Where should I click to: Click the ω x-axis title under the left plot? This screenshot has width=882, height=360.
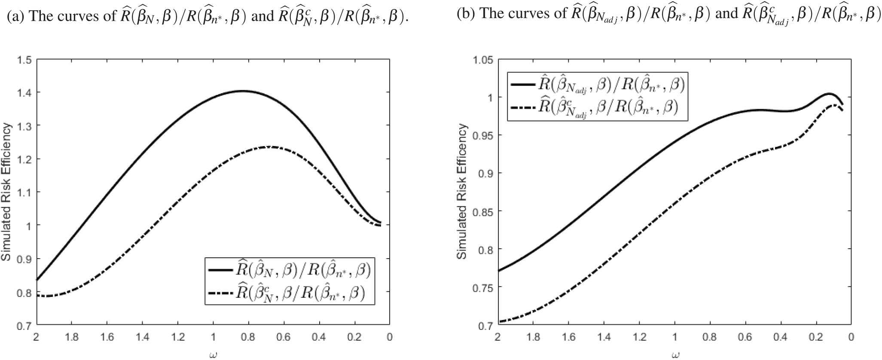pyautogui.click(x=213, y=355)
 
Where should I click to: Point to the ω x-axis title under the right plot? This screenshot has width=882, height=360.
pyautogui.click(x=674, y=355)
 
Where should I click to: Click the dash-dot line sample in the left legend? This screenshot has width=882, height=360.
pyautogui.click(x=220, y=293)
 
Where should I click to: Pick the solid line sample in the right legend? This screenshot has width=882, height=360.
pyautogui.click(x=523, y=85)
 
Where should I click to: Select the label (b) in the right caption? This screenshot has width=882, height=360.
pyautogui.click(x=465, y=14)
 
